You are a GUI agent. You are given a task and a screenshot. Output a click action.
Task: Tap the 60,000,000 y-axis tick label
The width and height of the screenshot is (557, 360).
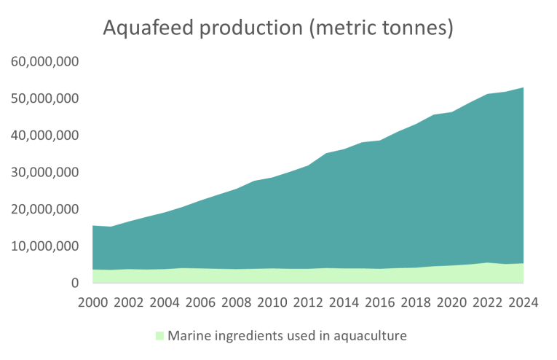click(x=44, y=61)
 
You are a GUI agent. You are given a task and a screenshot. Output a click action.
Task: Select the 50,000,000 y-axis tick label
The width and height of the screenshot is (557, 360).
click(x=44, y=98)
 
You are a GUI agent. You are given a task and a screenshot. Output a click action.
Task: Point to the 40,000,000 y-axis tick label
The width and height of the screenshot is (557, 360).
click(x=44, y=136)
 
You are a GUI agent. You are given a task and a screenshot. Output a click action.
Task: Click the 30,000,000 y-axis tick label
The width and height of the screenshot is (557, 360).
click(x=44, y=173)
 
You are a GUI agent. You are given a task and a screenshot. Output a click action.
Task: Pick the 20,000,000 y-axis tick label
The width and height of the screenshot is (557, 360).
click(x=44, y=209)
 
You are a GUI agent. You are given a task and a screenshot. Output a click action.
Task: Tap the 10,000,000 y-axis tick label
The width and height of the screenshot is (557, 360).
click(x=44, y=246)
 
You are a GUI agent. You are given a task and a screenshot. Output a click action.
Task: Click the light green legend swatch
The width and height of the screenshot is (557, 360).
click(x=159, y=336)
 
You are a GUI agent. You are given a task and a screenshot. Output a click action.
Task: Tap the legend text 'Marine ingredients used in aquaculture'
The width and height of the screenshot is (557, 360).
click(x=286, y=336)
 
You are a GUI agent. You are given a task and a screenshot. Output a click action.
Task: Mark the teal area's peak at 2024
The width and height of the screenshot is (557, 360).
click(x=523, y=88)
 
